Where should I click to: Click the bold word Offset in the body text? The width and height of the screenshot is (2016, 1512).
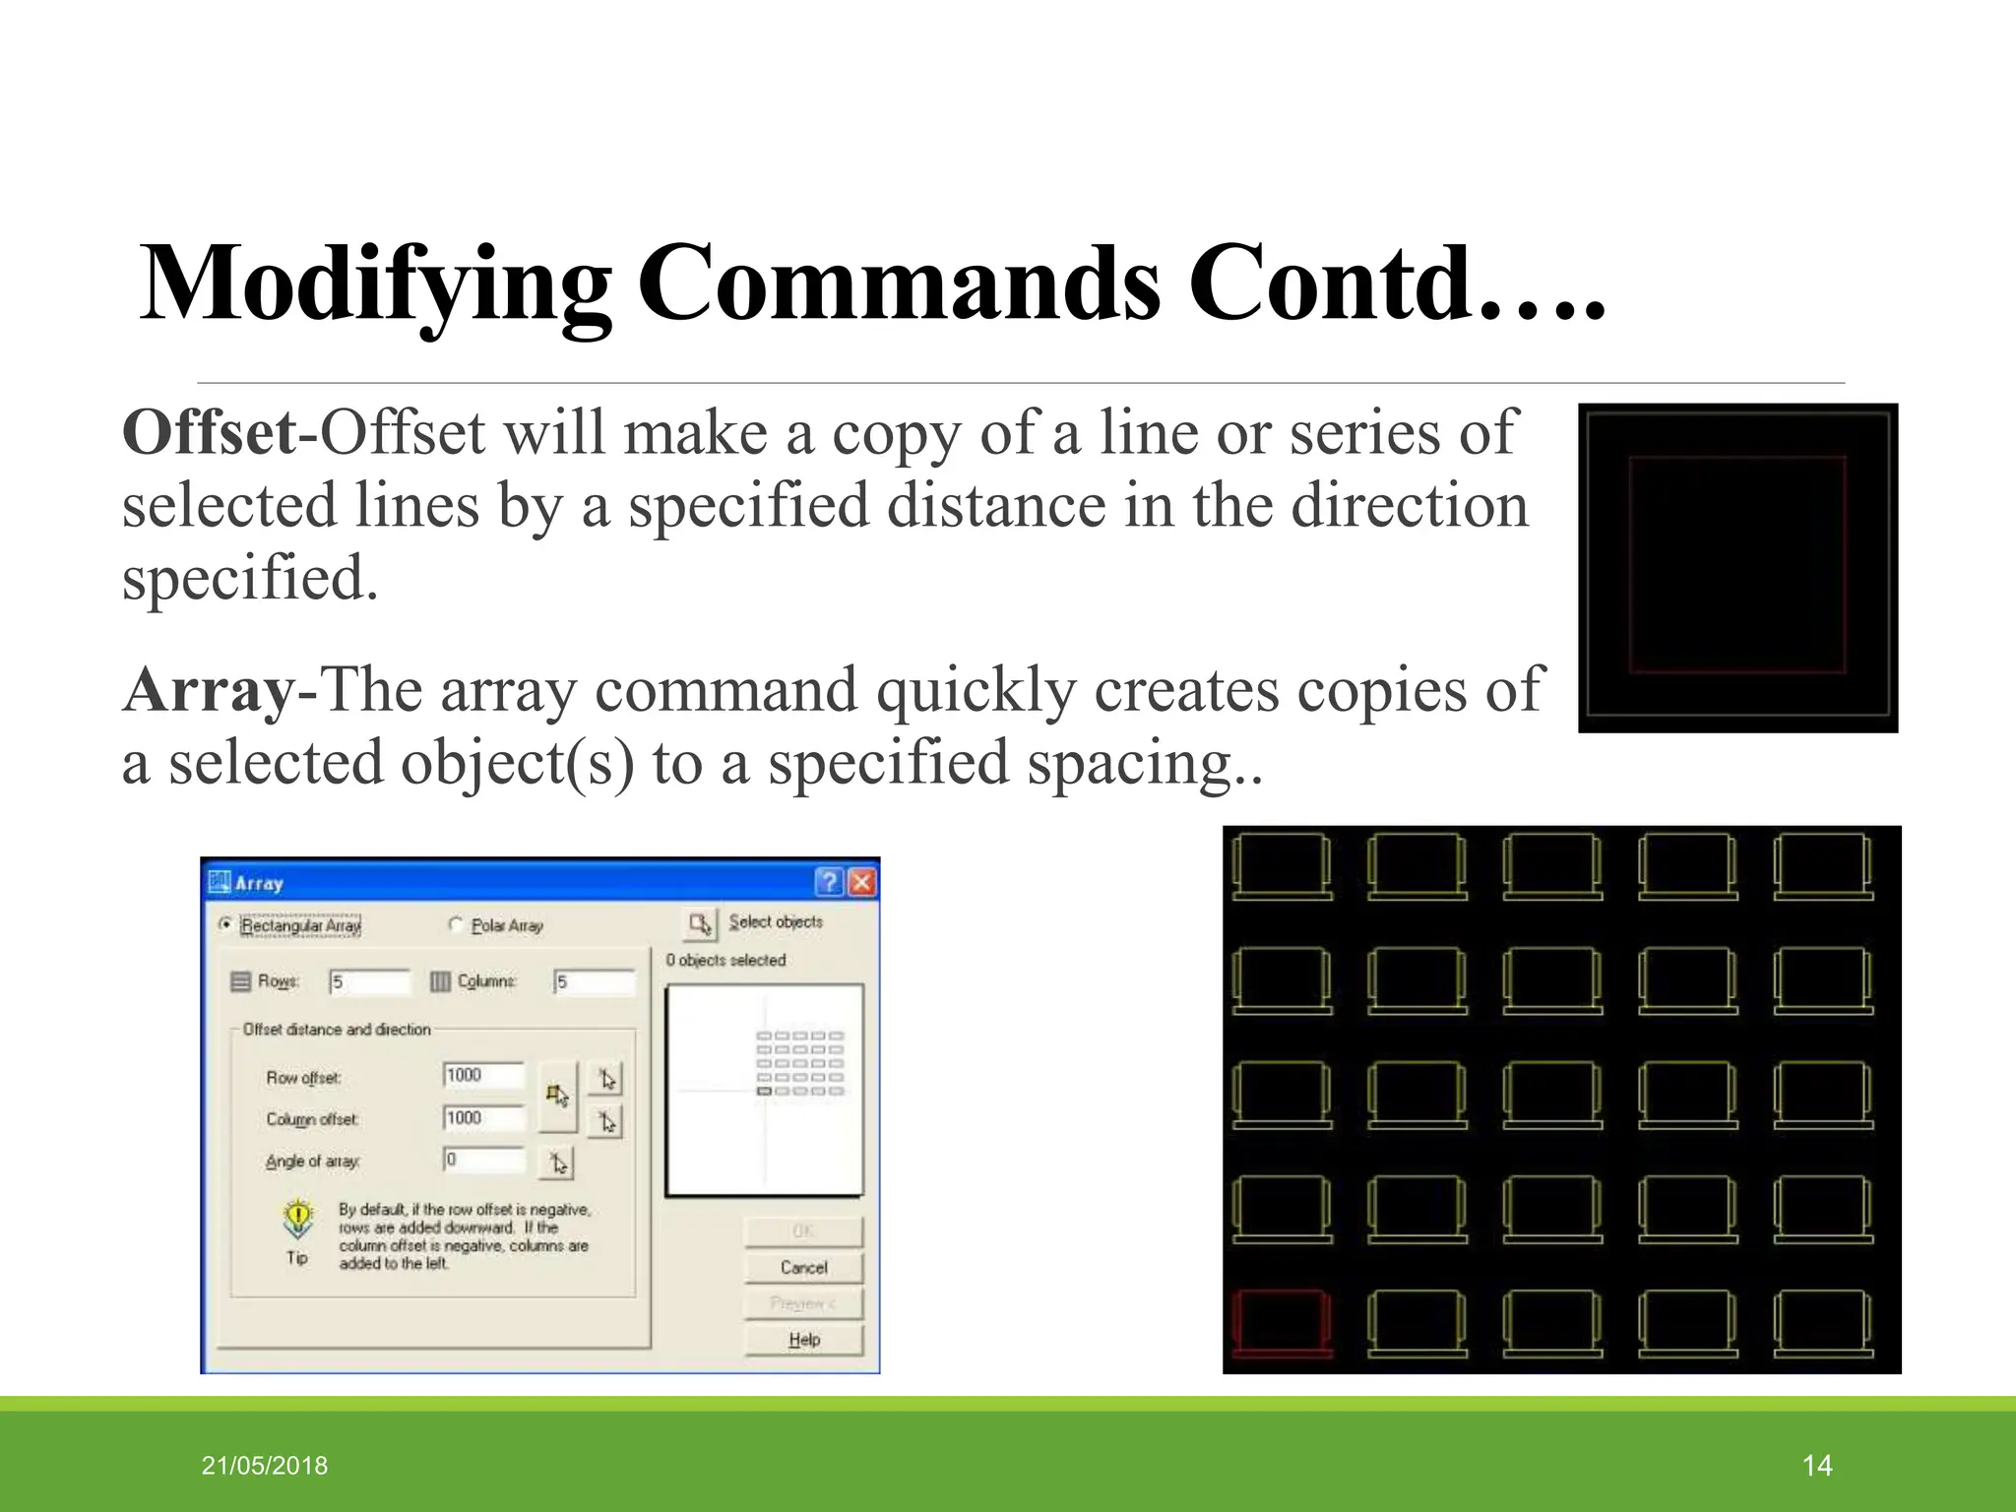coord(208,433)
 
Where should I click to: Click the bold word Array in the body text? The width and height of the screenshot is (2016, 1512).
coord(208,690)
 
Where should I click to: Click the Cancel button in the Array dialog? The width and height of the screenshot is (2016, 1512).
coord(803,1268)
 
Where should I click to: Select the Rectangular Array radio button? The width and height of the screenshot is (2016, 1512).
coord(225,924)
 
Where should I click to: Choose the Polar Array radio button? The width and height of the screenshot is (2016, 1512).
coord(455,924)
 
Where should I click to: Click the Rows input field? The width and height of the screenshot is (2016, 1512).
coord(370,981)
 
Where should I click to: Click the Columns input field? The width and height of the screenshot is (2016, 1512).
coord(595,981)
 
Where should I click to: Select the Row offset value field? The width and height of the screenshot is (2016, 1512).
coord(483,1076)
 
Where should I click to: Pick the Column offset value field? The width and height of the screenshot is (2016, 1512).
coord(483,1118)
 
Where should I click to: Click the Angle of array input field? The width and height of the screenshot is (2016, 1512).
coord(483,1161)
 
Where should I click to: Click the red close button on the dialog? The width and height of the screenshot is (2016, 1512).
coord(861,881)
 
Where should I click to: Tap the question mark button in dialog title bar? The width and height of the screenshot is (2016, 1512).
coord(830,881)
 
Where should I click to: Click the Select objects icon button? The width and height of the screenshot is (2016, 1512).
coord(700,924)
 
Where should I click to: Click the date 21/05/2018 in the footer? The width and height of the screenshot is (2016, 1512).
coord(265,1466)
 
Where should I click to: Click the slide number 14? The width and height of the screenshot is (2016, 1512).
coord(1816,1466)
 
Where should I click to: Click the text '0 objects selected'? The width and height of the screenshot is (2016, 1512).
coord(725,960)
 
